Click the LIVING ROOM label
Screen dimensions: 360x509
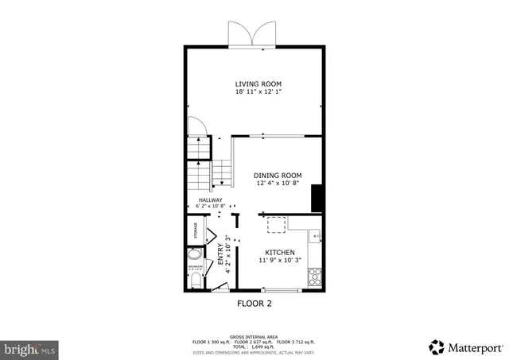point(258,83)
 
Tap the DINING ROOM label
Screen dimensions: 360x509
point(278,175)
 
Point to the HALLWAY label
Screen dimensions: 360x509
point(210,200)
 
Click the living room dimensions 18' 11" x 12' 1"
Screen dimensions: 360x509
point(258,92)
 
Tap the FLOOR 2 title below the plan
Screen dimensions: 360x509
point(254,304)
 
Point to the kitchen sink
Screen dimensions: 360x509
point(315,236)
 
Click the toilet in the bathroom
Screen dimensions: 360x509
point(195,279)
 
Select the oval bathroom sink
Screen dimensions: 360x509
point(194,256)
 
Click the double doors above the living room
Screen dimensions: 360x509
point(248,35)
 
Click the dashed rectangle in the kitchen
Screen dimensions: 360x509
point(276,225)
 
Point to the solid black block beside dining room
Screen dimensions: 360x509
point(317,199)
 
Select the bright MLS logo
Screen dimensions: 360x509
point(30,348)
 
